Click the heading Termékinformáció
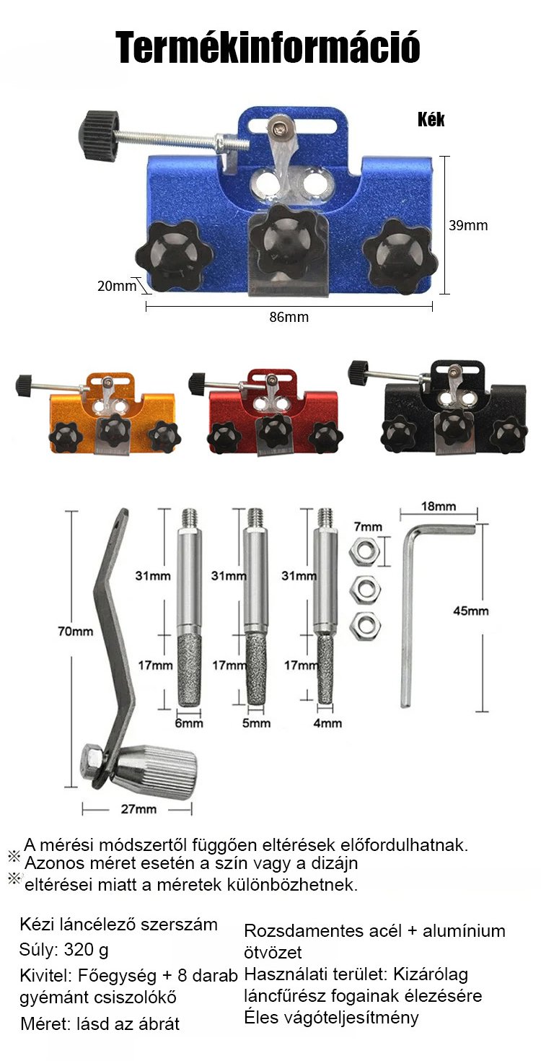[268, 47]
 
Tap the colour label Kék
[431, 119]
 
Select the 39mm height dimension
[468, 225]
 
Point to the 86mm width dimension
[289, 317]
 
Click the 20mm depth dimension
[116, 286]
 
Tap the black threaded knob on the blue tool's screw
[98, 136]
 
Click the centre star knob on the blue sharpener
[287, 239]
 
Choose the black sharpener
[437, 407]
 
